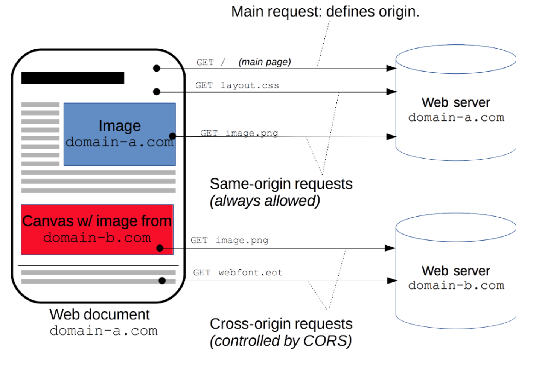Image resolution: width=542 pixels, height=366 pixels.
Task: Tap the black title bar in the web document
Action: click(73, 78)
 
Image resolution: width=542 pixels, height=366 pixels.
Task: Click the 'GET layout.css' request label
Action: click(237, 86)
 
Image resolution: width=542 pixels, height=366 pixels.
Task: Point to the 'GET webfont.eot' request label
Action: click(238, 273)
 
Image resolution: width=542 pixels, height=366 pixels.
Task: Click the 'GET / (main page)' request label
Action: click(244, 62)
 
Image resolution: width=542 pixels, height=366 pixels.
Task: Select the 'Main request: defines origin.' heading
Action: click(325, 12)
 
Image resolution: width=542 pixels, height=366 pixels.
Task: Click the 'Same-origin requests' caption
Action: click(281, 184)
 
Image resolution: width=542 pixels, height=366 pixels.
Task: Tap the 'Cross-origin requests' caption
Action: click(281, 324)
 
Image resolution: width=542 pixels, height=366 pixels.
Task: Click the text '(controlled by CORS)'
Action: click(281, 341)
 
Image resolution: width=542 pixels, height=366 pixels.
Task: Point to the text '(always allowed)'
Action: click(265, 201)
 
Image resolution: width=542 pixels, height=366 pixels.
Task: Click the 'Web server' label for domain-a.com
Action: click(455, 102)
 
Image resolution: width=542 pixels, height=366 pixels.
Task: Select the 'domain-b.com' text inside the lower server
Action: click(456, 285)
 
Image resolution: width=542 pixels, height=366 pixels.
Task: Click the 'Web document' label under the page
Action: click(99, 314)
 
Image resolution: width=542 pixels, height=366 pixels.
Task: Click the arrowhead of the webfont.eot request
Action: click(391, 281)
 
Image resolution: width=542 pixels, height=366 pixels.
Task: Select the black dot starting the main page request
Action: click(157, 68)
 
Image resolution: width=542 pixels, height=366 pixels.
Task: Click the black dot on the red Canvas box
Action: click(160, 248)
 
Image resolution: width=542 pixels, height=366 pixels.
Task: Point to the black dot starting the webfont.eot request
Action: click(162, 281)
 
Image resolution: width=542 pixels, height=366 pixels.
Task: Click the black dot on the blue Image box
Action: click(172, 136)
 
